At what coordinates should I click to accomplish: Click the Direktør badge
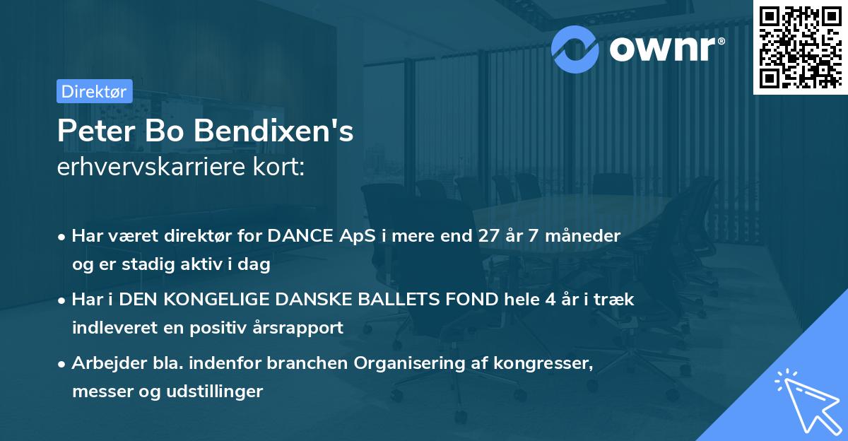point(93,90)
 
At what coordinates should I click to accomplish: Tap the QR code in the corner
point(800,47)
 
